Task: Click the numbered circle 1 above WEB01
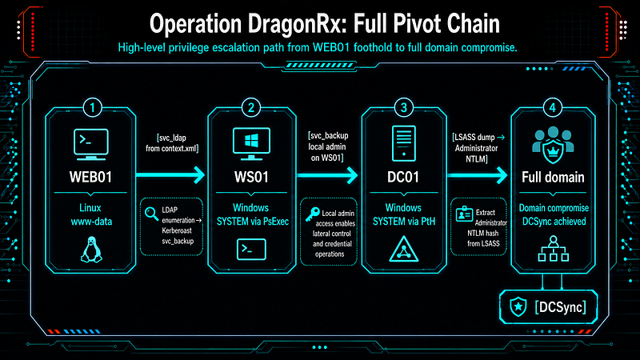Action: pyautogui.click(x=92, y=108)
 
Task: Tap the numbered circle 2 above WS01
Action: pyautogui.click(x=251, y=108)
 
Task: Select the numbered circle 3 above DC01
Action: pyautogui.click(x=404, y=108)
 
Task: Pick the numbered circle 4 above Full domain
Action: pyautogui.click(x=553, y=108)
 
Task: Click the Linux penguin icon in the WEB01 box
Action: pyautogui.click(x=91, y=250)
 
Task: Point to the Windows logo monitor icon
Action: pyautogui.click(x=251, y=144)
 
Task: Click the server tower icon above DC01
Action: pyautogui.click(x=404, y=143)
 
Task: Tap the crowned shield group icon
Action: pyautogui.click(x=553, y=145)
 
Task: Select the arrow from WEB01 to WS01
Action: pyautogui.click(x=170, y=175)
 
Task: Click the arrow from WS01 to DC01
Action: pyautogui.click(x=327, y=175)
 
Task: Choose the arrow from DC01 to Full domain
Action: pyautogui.click(x=477, y=175)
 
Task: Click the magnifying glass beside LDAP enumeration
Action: pyautogui.click(x=151, y=214)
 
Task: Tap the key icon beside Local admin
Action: pyautogui.click(x=313, y=214)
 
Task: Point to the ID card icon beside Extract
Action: pyautogui.click(x=464, y=214)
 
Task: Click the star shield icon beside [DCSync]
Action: pyautogui.click(x=518, y=307)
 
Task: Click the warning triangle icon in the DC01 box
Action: pyautogui.click(x=404, y=249)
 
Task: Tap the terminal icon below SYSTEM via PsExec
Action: pyautogui.click(x=251, y=249)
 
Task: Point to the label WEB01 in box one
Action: pyautogui.click(x=90, y=177)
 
